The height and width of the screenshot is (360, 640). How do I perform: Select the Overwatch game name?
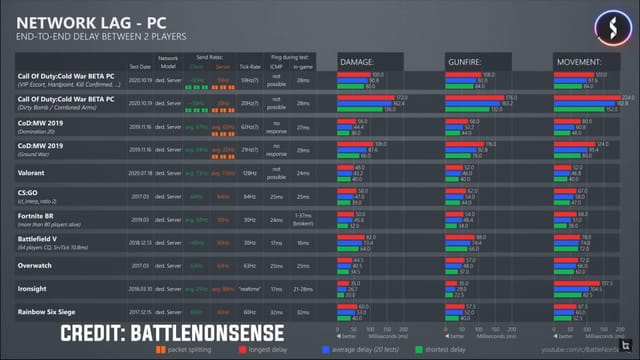(36, 267)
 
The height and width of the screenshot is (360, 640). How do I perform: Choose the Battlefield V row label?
(40, 239)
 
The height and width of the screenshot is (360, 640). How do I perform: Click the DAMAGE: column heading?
(359, 61)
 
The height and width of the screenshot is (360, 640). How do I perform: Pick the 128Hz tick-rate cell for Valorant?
(250, 172)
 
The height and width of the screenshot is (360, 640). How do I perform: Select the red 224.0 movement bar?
(586, 97)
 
